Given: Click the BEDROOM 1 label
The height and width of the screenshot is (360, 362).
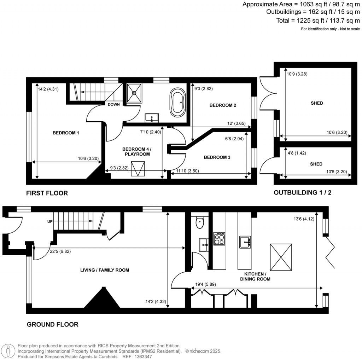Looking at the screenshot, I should click(x=66, y=133).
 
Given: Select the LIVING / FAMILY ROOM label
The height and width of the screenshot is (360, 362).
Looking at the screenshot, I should click(x=104, y=270).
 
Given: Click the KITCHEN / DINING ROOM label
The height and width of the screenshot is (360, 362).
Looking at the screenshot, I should click(x=257, y=277).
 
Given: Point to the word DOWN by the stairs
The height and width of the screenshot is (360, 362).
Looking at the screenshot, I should click(x=113, y=104).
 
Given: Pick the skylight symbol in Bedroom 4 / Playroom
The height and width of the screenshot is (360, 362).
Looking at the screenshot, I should click(x=138, y=169).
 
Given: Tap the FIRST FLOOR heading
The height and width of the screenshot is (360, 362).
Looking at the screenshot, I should click(x=47, y=193).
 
